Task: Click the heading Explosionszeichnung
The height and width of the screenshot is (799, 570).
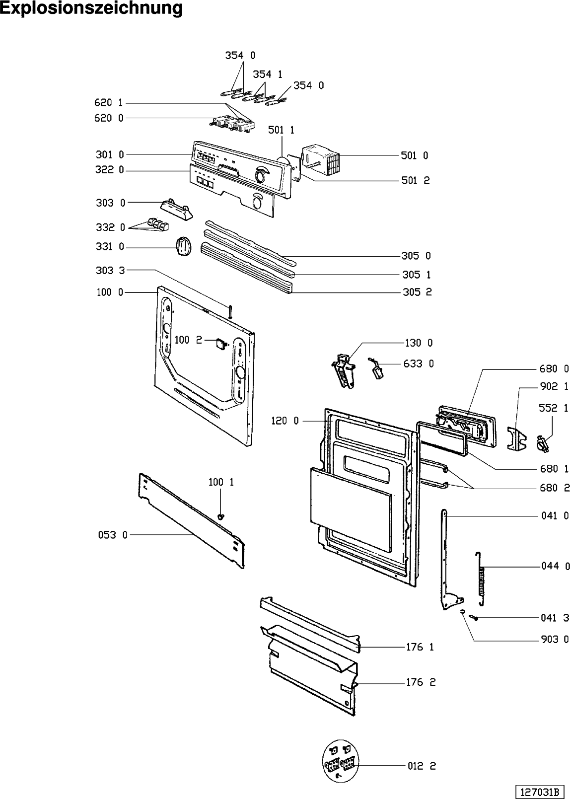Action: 91,8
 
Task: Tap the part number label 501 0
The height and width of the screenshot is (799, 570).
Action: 415,156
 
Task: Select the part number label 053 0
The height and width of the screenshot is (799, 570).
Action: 113,535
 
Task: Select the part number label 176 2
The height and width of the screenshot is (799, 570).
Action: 421,682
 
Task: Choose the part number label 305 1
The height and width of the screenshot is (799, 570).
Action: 417,275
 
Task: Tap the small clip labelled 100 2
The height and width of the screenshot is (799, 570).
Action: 220,344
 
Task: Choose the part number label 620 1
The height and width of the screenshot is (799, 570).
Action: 109,103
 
